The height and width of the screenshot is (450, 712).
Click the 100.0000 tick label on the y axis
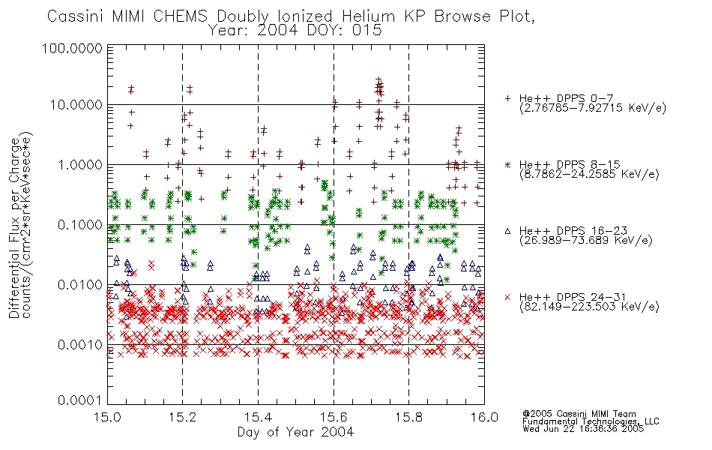pyautogui.click(x=72, y=48)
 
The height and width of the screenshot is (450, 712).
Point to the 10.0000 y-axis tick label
pyautogui.click(x=76, y=105)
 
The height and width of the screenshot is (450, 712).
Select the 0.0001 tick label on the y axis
pyautogui.click(x=80, y=400)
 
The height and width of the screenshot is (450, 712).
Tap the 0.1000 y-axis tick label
pyautogui.click(x=80, y=225)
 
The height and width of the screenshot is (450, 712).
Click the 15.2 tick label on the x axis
pyautogui.click(x=182, y=417)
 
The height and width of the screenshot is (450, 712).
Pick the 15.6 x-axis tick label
pyautogui.click(x=334, y=417)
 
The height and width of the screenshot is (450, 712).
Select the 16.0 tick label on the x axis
pyautogui.click(x=484, y=417)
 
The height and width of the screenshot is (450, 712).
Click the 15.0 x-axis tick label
pyautogui.click(x=107, y=417)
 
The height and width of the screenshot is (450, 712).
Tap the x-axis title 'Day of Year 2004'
pyautogui.click(x=295, y=432)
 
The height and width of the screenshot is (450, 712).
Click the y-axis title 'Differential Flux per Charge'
pyautogui.click(x=14, y=227)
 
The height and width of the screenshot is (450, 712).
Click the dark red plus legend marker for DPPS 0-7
pyautogui.click(x=507, y=98)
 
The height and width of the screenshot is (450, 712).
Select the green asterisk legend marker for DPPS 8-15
pyautogui.click(x=507, y=164)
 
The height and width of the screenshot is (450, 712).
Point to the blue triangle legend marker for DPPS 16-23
pyautogui.click(x=507, y=231)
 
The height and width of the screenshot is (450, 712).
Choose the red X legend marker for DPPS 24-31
pyautogui.click(x=507, y=297)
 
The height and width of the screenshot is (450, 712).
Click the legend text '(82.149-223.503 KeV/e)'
pyautogui.click(x=589, y=307)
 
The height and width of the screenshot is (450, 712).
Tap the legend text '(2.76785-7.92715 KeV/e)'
pyautogui.click(x=593, y=108)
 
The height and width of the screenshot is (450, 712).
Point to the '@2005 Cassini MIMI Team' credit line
pyautogui.click(x=579, y=414)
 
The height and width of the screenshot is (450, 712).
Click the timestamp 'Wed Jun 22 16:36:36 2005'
pyautogui.click(x=583, y=429)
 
